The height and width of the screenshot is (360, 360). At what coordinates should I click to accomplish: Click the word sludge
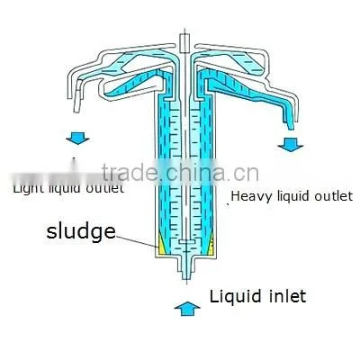(x=81, y=232)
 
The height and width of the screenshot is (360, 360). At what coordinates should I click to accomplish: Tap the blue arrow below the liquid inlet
(x=187, y=309)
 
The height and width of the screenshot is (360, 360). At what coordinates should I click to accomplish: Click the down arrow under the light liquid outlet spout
(x=77, y=139)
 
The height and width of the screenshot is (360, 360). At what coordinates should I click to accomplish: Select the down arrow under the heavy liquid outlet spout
(x=291, y=145)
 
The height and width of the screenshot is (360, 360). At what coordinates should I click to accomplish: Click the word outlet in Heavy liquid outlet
(x=333, y=196)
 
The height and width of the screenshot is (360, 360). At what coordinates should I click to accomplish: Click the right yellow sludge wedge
(x=211, y=244)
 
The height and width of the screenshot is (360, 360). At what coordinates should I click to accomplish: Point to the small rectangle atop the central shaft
(x=184, y=43)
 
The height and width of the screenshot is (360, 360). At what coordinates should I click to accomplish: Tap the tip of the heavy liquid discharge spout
(x=292, y=129)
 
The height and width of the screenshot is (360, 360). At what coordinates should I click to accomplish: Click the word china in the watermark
(x=195, y=172)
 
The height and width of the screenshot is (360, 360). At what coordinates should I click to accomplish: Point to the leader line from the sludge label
(x=137, y=242)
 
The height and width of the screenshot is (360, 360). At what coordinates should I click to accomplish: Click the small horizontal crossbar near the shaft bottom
(x=186, y=241)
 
